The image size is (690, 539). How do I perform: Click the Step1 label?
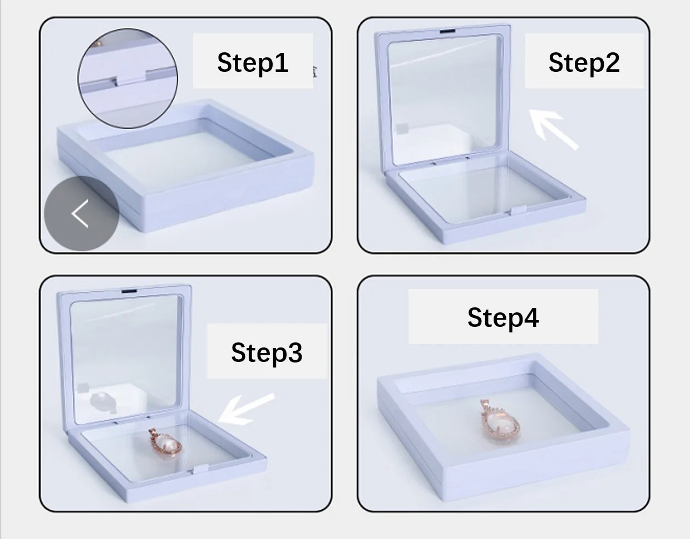coord(253,62)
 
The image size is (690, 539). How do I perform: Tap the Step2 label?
coord(584,62)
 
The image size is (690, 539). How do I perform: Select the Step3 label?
coord(267,352)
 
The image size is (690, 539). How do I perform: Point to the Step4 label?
coord(503,317)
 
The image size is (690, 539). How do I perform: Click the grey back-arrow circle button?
coord(82,213)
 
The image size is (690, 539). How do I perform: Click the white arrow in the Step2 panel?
coord(553,130)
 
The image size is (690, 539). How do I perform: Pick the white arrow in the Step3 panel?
coord(247,409)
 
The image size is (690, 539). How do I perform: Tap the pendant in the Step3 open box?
coord(165,443)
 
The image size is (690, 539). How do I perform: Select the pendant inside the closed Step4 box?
coord(500,422)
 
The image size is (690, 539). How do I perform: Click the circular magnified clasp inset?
coord(127,78)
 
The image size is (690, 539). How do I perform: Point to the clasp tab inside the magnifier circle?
coord(130,77)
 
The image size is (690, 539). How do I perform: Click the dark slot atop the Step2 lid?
coord(448,31)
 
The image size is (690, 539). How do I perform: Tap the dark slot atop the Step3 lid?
coord(129,291)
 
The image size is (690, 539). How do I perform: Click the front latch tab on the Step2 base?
coord(518,210)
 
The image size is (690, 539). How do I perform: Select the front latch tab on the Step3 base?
coord(200,469)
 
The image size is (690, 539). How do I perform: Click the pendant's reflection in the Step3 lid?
coord(102,402)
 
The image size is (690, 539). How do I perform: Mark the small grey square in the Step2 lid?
coord(402,129)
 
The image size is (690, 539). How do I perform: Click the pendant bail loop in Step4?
coord(485,405)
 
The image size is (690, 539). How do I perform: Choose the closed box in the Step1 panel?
coord(185,165)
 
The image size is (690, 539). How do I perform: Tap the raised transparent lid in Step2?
coord(443,95)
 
